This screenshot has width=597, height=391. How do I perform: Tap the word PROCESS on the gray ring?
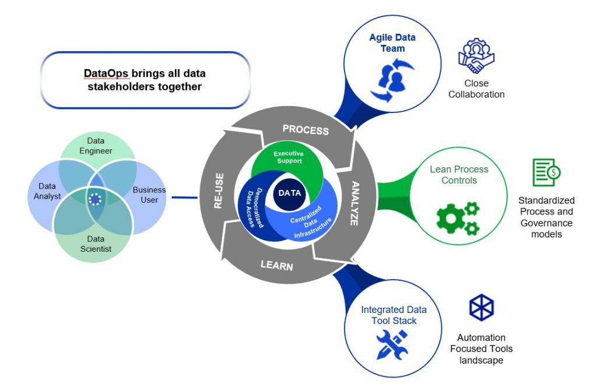(305, 129)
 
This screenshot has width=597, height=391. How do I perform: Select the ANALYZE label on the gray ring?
(356, 203)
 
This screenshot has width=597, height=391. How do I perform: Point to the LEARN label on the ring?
(276, 266)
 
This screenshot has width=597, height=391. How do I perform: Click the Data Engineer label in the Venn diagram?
(99, 146)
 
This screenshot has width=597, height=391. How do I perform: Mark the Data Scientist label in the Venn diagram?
(96, 244)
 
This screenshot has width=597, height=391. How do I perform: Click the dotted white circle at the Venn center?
(94, 199)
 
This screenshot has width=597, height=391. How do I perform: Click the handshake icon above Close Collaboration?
(476, 56)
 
